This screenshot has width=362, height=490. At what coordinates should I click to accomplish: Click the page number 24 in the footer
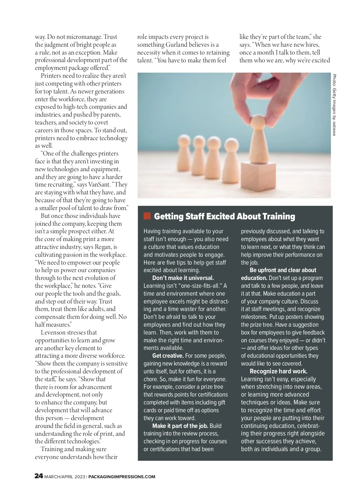pyautogui.click(x=39, y=476)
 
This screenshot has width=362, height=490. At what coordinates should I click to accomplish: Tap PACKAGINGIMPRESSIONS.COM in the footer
pyautogui.click(x=122, y=477)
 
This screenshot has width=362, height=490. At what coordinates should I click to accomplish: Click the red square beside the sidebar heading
pyautogui.click(x=147, y=216)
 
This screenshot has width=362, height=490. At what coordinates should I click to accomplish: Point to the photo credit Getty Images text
pyautogui.click(x=334, y=105)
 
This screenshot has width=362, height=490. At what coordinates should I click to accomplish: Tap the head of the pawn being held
pyautogui.click(x=258, y=123)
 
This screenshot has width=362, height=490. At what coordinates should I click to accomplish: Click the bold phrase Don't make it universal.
pyautogui.click(x=183, y=278)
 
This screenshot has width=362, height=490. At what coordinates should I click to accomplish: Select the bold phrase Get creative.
pyautogui.click(x=168, y=356)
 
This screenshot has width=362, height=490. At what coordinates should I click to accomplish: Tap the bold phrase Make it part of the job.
pyautogui.click(x=180, y=426)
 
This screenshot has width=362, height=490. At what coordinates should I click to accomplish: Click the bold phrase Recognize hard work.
pyautogui.click(x=278, y=371)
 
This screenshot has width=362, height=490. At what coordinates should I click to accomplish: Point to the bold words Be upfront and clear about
pyautogui.click(x=283, y=270)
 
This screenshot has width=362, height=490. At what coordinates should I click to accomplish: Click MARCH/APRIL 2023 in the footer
pyautogui.click(x=65, y=477)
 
